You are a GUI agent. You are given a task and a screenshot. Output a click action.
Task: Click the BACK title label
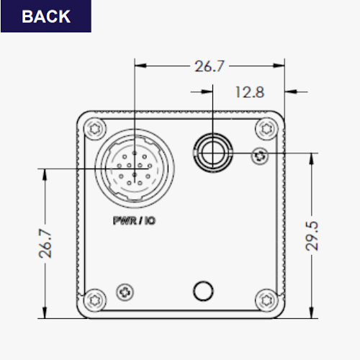coord(46,17)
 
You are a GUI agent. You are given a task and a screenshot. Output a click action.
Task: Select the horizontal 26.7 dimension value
coord(210,66)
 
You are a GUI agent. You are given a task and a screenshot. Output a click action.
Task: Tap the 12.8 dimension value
coord(250,92)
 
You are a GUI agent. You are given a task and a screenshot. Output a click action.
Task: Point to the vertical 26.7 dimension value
coord(45,243)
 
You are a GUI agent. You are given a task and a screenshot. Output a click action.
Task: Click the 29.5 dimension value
coord(312,236)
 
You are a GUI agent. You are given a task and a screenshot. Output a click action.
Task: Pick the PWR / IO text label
coord(134,220)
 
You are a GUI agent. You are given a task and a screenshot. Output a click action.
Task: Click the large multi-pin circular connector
coord(135,168)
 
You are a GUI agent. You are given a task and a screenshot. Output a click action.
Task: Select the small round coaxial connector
coord(212,153)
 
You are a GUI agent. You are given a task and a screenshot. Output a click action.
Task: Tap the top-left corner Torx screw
coord(95,129)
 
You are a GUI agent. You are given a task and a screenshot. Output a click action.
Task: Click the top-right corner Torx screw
coord(266,129)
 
